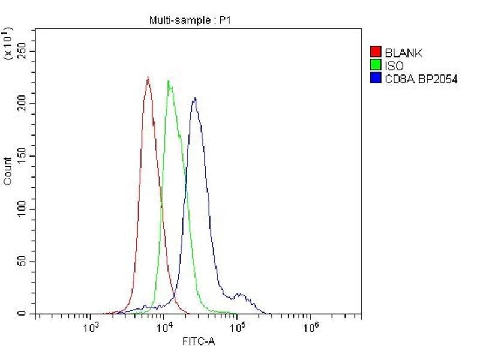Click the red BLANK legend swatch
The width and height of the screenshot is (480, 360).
[376, 52]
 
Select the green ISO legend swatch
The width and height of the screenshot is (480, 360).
[376, 65]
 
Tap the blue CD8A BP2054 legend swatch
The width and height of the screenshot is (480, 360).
[376, 78]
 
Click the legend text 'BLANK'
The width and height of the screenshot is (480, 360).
[404, 53]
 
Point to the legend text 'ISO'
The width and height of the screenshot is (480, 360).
[394, 65]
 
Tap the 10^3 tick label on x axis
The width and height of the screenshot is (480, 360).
[91, 328]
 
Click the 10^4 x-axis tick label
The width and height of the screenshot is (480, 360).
[164, 328]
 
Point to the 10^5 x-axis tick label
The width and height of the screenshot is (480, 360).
[238, 328]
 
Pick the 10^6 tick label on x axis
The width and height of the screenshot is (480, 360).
[311, 328]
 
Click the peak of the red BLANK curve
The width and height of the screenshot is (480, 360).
[148, 77]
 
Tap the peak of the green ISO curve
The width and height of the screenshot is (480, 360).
[169, 81]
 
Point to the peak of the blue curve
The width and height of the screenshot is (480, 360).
[194, 98]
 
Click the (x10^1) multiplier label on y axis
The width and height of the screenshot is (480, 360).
[8, 43]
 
